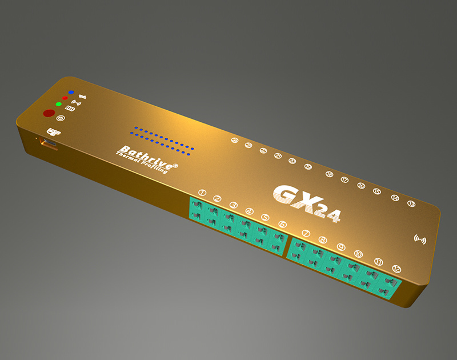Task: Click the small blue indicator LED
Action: pos(71,91)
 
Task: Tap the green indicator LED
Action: pos(58,105)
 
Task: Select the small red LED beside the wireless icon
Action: pos(65,98)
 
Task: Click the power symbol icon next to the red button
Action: pos(61,119)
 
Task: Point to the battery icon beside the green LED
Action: pos(70,108)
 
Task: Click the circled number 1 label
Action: pos(201,193)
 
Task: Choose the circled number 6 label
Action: pos(282,225)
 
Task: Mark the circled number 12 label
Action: pos(396,269)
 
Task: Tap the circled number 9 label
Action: pos(341,247)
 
